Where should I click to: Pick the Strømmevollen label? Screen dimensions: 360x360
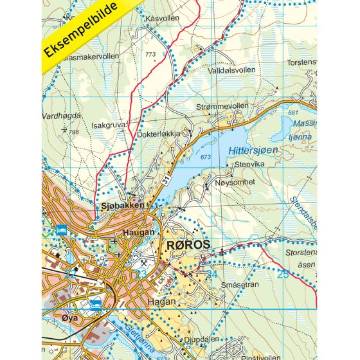point(221,106)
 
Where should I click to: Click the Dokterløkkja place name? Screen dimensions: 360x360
point(159,135)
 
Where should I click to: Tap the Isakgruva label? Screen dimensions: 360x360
point(109,125)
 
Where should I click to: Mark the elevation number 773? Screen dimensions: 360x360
point(151,54)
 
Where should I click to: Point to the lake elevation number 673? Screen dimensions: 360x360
point(206,157)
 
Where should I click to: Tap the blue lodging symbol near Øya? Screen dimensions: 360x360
point(95,304)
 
